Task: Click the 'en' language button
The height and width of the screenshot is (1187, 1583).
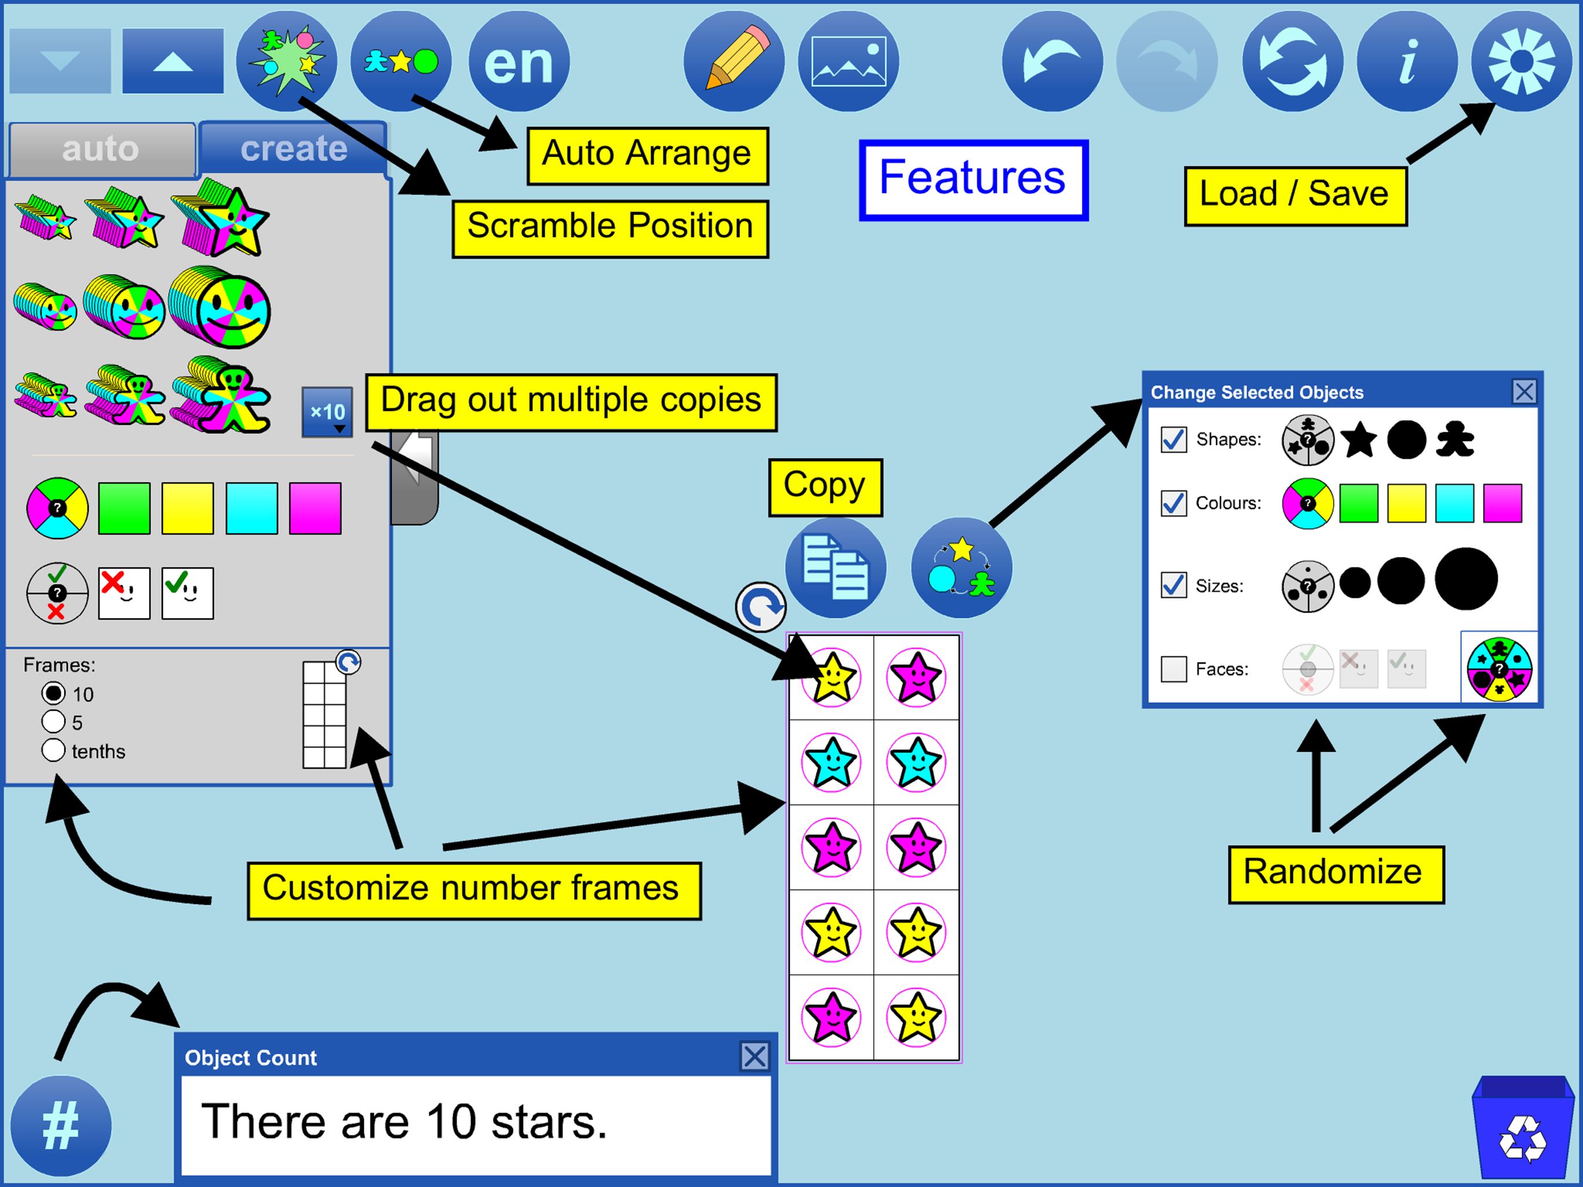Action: (x=519, y=61)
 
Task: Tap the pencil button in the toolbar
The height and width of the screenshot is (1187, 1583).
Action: (x=734, y=61)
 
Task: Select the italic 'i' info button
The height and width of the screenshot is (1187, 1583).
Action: (x=1407, y=61)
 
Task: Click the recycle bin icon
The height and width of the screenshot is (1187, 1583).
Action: (x=1522, y=1127)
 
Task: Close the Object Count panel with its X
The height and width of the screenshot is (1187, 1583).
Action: (x=754, y=1056)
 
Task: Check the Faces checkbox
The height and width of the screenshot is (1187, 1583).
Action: (x=1174, y=669)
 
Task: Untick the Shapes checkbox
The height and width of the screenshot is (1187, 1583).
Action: (x=1174, y=439)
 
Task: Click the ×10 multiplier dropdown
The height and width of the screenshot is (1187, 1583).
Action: (x=327, y=412)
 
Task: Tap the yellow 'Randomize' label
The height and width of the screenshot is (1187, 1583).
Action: (x=1336, y=874)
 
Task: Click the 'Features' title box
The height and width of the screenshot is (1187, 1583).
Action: (x=973, y=180)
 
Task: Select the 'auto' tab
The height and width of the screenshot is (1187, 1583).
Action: (x=101, y=149)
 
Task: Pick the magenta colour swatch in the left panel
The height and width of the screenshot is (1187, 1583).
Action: (x=315, y=508)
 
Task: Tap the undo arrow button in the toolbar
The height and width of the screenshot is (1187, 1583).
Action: (x=1052, y=61)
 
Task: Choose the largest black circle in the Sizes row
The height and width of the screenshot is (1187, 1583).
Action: (x=1465, y=579)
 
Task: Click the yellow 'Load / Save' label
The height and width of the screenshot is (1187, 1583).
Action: (x=1295, y=196)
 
